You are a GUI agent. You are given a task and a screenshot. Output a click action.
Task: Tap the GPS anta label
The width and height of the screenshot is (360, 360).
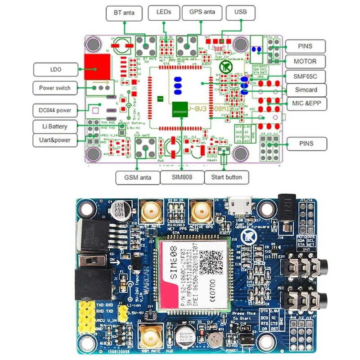[203, 12]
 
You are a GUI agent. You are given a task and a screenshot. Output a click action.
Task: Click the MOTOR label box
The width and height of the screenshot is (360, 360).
[304, 61]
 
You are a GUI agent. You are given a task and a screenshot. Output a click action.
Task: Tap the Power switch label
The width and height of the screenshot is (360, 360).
[54, 88]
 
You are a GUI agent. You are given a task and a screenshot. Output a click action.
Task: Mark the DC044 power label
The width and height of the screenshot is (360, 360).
[54, 110]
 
